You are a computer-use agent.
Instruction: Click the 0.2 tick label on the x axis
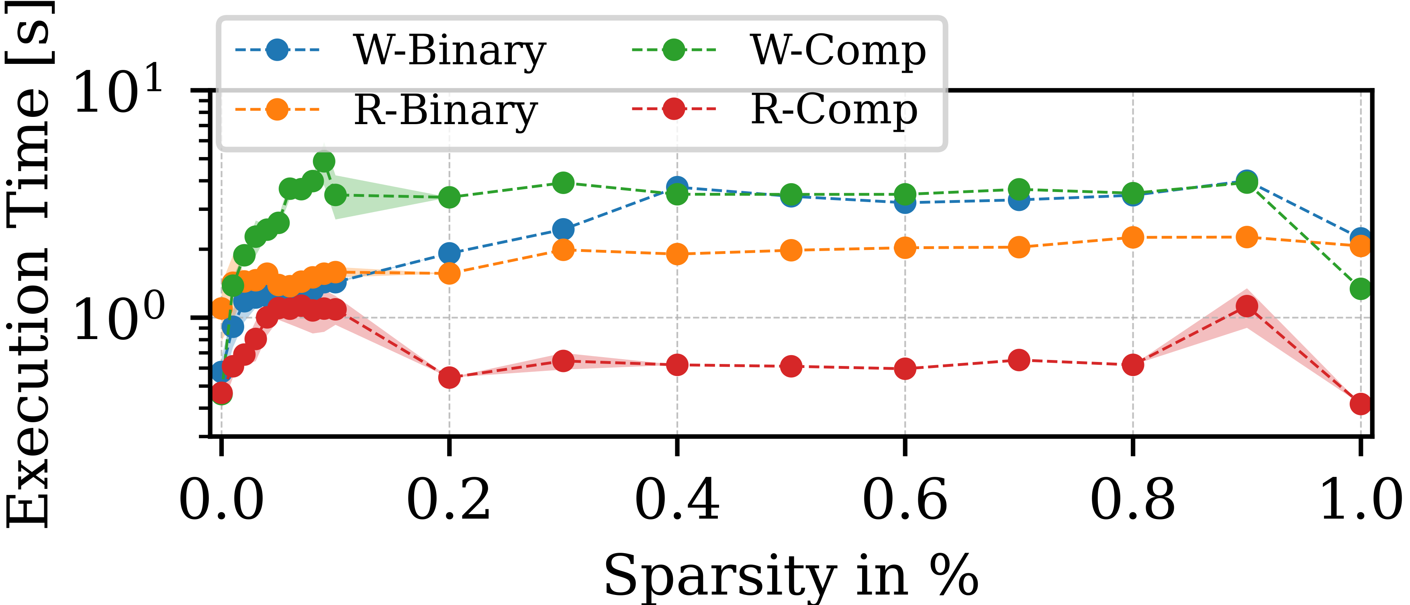(x=448, y=499)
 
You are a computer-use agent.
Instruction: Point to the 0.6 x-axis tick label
(x=904, y=499)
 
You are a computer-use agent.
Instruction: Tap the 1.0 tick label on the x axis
(x=1360, y=499)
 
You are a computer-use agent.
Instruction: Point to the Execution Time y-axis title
(x=27, y=263)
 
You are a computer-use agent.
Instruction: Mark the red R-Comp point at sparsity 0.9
(x=1247, y=307)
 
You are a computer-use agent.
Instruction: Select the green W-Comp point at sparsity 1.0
(x=1361, y=288)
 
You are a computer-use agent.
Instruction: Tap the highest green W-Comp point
(x=324, y=161)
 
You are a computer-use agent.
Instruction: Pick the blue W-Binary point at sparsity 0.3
(x=563, y=229)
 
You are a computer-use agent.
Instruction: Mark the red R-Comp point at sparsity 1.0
(x=1361, y=404)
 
